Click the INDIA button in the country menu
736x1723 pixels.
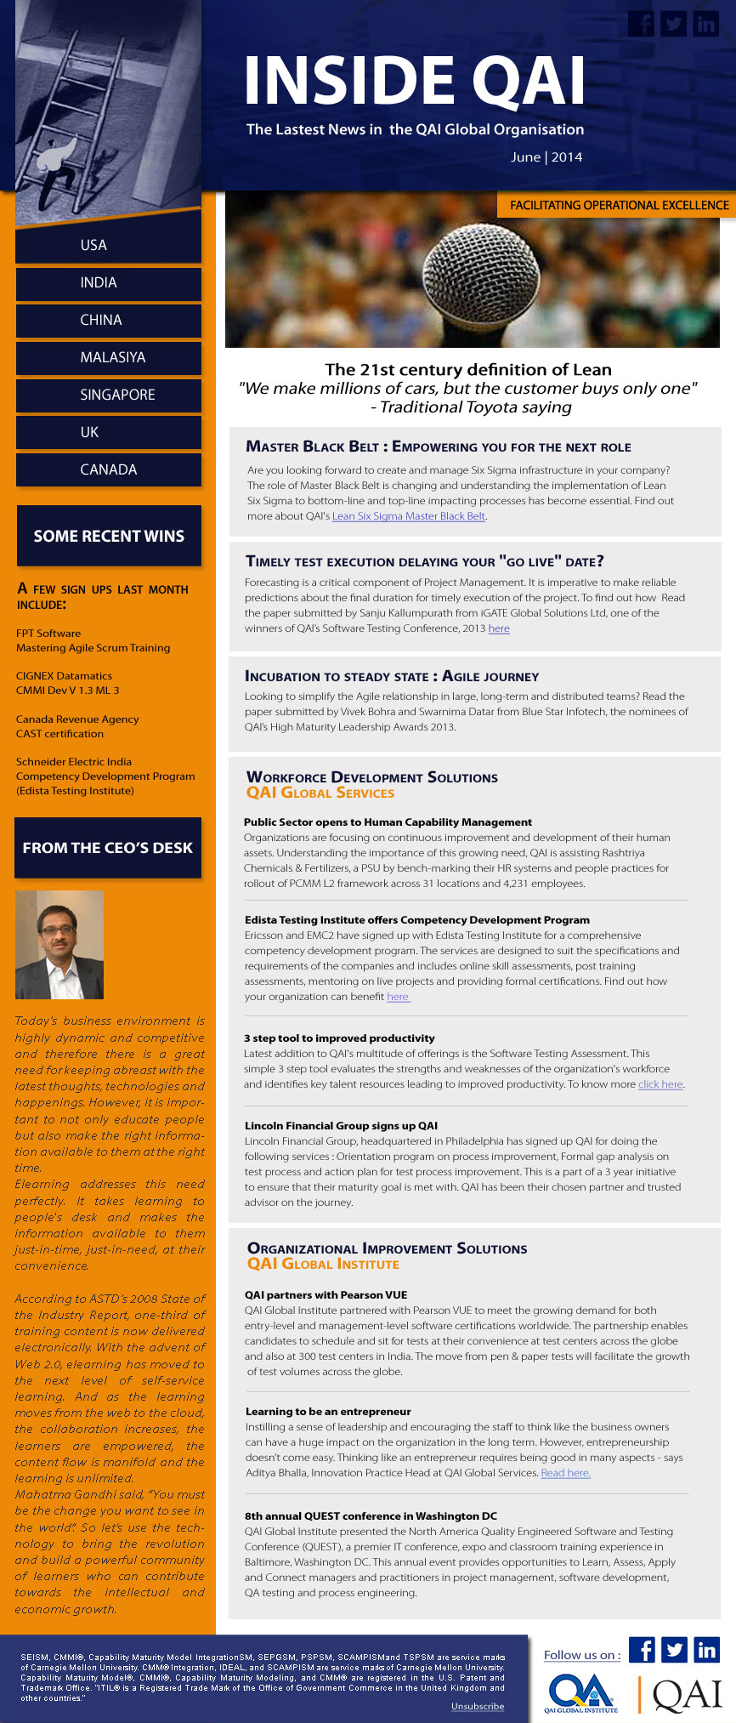109,283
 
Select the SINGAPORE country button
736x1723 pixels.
109,395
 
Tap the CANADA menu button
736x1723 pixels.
109,469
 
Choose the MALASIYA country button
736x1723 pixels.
109,358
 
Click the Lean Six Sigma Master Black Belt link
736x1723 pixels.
409,516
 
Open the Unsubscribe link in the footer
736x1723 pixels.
478,1706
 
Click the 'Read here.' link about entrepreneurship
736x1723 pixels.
565,1473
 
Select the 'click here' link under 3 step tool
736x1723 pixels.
660,1084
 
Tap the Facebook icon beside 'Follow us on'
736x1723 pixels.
642,1650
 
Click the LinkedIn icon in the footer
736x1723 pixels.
706,1650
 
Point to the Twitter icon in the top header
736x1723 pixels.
673,24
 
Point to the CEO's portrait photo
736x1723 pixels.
59,945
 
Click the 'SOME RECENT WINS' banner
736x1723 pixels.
109,537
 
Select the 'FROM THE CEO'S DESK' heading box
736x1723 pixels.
108,848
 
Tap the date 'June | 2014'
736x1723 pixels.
546,157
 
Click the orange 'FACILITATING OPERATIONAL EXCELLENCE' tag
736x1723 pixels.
618,205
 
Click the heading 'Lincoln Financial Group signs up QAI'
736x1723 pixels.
341,1125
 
